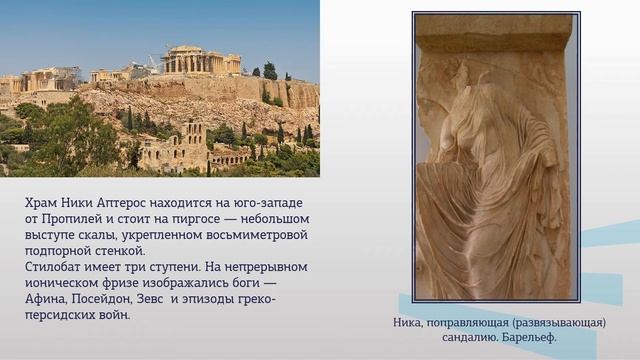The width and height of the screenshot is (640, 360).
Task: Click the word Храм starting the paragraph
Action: (43, 203)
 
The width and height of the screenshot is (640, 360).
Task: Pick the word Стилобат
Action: (57, 267)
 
